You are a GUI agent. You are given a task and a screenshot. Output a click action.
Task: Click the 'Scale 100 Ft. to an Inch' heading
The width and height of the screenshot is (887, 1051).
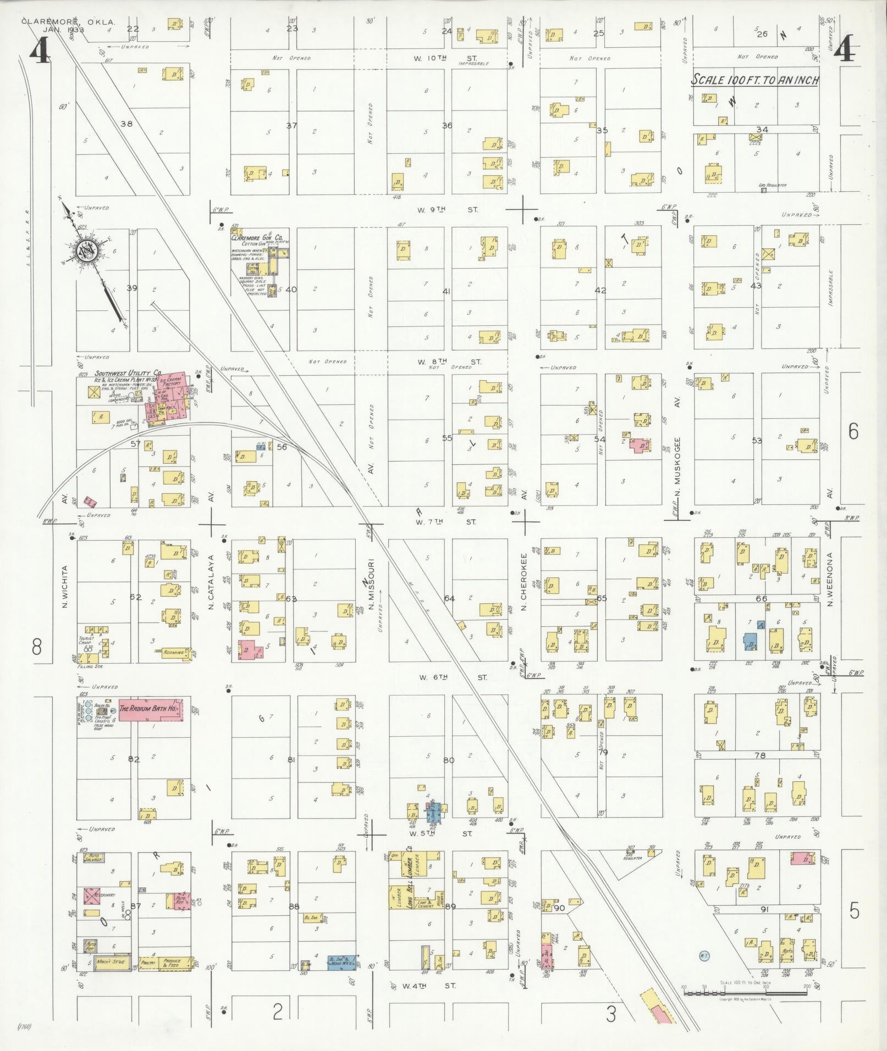[x=755, y=80]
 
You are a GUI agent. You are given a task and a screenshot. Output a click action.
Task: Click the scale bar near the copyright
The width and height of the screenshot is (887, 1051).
[x=746, y=992]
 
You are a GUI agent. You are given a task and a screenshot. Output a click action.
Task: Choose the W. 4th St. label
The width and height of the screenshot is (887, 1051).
[x=429, y=986]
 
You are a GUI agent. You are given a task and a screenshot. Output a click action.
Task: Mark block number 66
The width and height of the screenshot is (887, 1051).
[x=761, y=598]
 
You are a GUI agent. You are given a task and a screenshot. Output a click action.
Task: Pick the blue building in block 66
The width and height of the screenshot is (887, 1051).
[x=750, y=641]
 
